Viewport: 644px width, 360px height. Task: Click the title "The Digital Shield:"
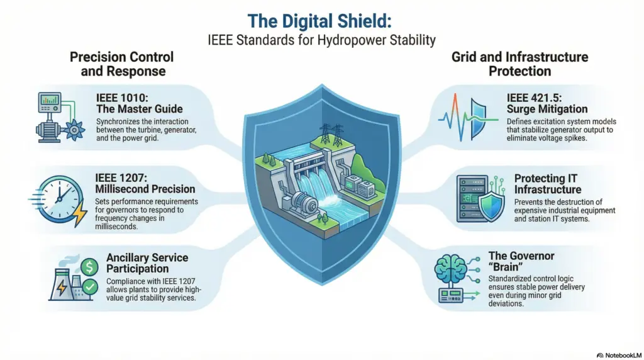pos(319,21)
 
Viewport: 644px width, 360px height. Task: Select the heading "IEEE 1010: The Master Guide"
pos(139,103)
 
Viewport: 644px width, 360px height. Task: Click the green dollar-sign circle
pos(89,267)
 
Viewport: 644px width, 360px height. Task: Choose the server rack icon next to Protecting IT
pos(472,199)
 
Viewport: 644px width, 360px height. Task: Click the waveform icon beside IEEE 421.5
pos(468,116)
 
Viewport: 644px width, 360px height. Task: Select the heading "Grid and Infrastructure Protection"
pos(519,64)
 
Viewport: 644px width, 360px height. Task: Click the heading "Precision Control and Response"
pos(122,64)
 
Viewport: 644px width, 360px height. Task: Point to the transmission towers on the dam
pos(332,135)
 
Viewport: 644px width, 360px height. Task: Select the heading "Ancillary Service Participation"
pos(147,263)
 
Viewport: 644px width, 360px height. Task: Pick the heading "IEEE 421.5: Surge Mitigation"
pos(547,103)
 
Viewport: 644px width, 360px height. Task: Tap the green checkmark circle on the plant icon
pos(89,286)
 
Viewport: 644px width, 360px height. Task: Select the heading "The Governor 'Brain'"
pos(521,261)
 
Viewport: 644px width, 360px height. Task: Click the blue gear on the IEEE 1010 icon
pos(74,130)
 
